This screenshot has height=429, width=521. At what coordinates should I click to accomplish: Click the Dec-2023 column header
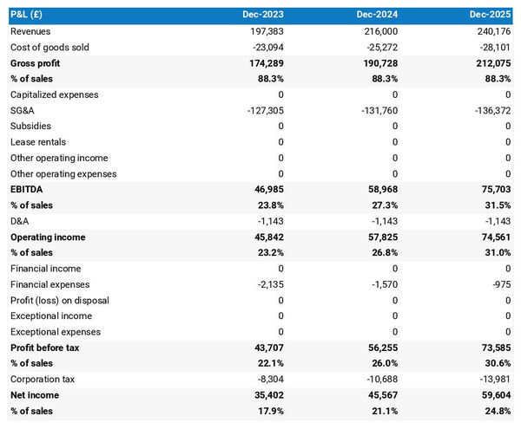(x=261, y=15)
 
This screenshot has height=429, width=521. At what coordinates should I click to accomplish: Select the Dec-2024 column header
(x=377, y=15)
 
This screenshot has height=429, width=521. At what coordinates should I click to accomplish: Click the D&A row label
(x=21, y=221)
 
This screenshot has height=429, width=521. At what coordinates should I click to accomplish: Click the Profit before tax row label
(x=46, y=348)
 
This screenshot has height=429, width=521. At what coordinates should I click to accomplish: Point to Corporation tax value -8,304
(x=267, y=379)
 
